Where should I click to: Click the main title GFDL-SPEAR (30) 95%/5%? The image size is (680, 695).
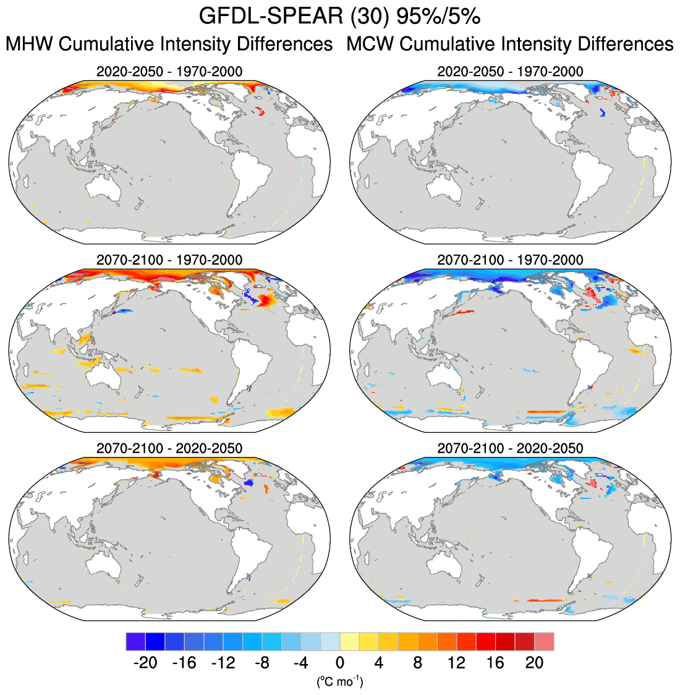click(339, 17)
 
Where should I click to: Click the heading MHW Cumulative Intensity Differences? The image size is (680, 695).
click(169, 45)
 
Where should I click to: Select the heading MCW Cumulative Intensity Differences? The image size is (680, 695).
click(510, 45)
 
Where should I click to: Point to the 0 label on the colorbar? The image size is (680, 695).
click(339, 663)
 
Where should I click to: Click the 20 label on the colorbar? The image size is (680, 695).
click(534, 663)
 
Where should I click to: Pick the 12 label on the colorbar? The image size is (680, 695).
click(456, 663)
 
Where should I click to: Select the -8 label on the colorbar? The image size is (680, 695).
click(261, 663)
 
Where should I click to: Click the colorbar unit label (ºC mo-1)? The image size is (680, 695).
click(339, 682)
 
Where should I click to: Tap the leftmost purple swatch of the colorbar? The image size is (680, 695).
click(135, 641)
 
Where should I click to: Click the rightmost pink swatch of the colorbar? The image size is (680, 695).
click(544, 641)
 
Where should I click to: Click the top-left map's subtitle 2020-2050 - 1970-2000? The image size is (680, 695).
click(169, 72)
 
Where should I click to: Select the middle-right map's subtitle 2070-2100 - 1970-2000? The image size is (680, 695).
click(510, 260)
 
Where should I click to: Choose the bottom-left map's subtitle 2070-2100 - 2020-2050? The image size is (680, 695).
click(169, 448)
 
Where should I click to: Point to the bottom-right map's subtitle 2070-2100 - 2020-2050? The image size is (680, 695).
click(510, 448)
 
